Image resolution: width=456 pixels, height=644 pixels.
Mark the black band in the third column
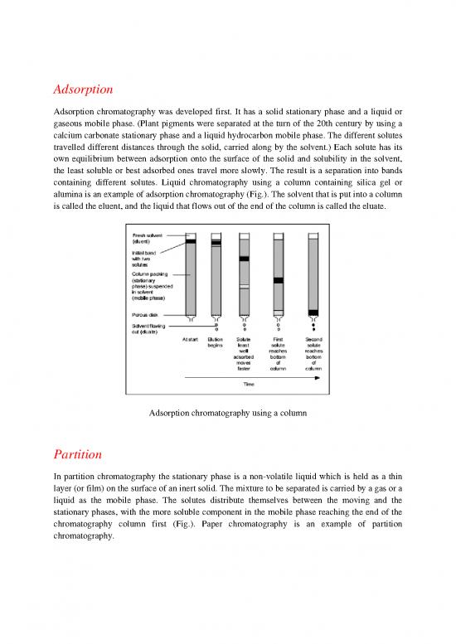pos(245,259)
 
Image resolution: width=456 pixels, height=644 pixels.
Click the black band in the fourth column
pos(279,280)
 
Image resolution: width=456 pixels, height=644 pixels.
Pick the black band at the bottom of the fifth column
pos(313,312)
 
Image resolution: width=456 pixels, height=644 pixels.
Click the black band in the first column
pos(191,241)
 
